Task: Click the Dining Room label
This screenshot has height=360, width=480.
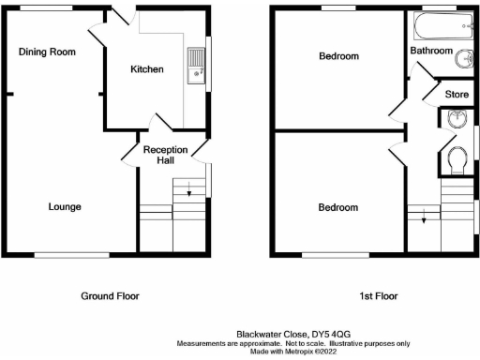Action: [47, 52]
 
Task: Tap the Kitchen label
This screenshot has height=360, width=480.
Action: [147, 69]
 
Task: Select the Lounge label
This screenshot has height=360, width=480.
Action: [65, 206]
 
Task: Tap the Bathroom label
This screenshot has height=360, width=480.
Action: [432, 50]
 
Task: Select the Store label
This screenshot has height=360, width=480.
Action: [457, 95]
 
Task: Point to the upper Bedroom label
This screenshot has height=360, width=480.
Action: [338, 56]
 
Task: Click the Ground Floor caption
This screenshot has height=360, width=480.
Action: [112, 295]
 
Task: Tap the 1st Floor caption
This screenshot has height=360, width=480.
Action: [379, 295]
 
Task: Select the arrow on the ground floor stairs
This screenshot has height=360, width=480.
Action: [189, 193]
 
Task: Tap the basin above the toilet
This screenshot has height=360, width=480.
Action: [455, 120]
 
